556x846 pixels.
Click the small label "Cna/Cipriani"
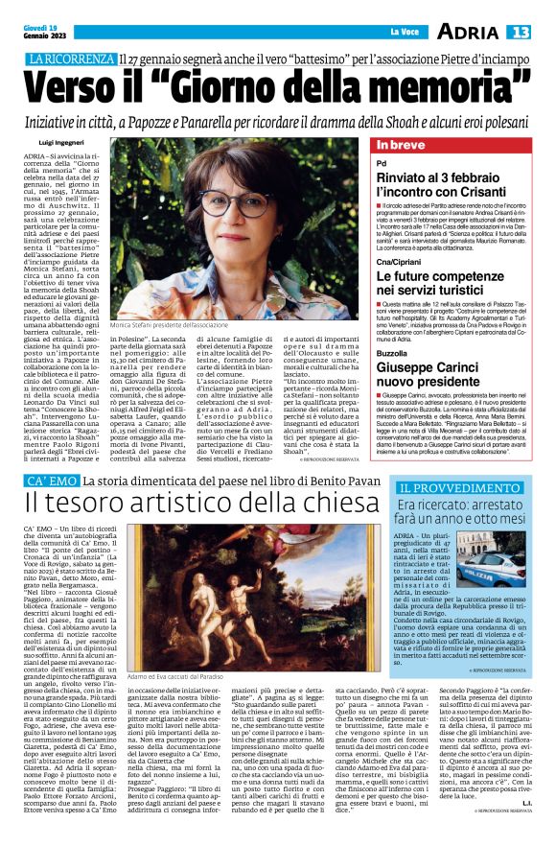[397, 260]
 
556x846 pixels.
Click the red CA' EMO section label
[51, 480]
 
